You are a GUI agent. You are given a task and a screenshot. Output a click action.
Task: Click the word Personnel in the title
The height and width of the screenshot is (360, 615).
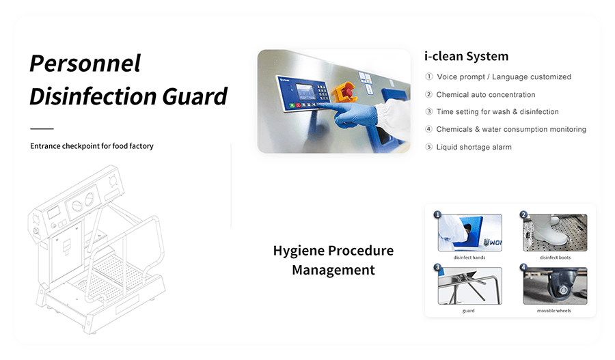click(85, 63)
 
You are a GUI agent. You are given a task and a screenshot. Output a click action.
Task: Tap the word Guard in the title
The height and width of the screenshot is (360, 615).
click(195, 96)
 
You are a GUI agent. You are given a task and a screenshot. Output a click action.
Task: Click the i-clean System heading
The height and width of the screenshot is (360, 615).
click(466, 57)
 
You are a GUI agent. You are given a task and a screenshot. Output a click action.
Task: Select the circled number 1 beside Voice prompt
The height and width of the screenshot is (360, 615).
click(429, 77)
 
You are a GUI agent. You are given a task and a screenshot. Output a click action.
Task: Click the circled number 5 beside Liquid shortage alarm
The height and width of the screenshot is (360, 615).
click(429, 147)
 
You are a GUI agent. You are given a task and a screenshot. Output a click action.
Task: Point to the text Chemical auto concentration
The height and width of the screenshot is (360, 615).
click(486, 94)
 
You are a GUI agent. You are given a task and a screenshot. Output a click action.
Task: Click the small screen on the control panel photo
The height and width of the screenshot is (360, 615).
click(306, 92)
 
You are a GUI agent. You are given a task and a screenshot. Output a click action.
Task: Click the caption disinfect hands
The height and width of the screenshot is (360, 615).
click(469, 258)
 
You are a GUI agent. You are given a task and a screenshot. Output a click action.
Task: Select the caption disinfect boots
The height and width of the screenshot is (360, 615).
click(555, 258)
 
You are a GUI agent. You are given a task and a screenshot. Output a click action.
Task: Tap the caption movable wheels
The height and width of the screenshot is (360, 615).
click(553, 311)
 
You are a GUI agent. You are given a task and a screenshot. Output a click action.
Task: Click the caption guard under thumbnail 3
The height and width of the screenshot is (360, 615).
click(468, 311)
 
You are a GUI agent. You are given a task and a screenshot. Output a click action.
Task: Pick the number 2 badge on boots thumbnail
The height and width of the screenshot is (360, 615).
click(523, 214)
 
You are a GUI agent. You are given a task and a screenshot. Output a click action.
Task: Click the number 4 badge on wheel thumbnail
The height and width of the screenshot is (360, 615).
click(523, 268)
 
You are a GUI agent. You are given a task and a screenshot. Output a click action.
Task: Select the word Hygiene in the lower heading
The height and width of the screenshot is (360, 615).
click(299, 251)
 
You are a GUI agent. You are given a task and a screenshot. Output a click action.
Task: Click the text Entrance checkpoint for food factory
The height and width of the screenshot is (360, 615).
click(92, 146)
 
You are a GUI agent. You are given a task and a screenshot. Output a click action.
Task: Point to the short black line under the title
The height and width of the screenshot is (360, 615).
click(42, 128)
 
